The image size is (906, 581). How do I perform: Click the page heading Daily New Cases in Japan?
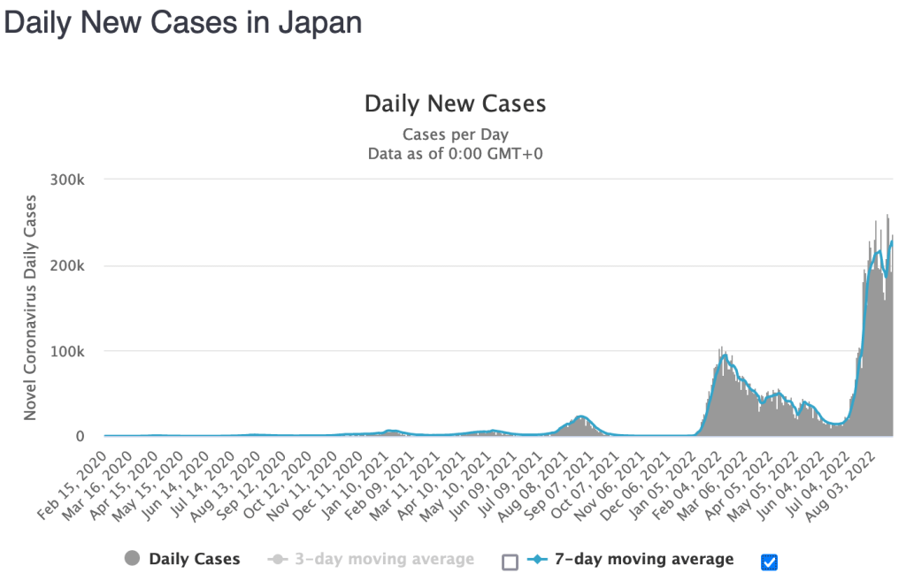click(x=183, y=23)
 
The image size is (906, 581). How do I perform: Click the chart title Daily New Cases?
click(x=455, y=104)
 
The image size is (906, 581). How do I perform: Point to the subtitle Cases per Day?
click(x=455, y=134)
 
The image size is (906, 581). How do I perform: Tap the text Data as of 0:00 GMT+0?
click(x=455, y=153)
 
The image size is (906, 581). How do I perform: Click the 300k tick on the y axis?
click(x=69, y=180)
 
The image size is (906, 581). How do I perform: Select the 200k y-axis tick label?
click(x=69, y=266)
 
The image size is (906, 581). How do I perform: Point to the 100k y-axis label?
click(x=69, y=351)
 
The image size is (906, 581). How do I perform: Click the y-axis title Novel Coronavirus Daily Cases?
click(x=30, y=306)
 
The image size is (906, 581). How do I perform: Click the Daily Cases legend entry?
click(x=194, y=559)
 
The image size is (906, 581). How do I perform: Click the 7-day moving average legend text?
click(x=645, y=559)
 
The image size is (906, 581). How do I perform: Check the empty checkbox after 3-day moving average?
click(x=510, y=562)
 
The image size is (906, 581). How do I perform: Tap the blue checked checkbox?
click(x=769, y=562)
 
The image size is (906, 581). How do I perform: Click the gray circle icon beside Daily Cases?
click(x=134, y=559)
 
